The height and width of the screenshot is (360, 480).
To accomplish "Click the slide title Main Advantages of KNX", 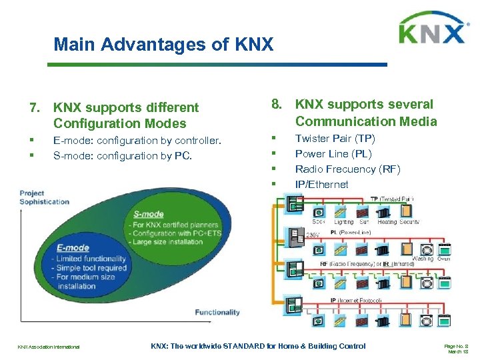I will (163, 45).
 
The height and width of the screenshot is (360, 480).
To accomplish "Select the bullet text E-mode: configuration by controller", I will (137, 140).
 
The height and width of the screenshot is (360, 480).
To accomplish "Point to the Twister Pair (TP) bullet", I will (335, 139).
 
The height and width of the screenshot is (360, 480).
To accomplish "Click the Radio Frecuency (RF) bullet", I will (347, 169).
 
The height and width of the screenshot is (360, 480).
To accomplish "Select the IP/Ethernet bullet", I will (321, 185).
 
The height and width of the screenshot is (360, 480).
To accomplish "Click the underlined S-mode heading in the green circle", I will (148, 214).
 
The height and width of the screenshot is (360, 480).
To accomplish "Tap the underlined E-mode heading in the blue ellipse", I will (73, 248).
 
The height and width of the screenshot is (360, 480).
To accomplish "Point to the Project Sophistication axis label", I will (44, 198).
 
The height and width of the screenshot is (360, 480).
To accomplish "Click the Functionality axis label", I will (217, 312).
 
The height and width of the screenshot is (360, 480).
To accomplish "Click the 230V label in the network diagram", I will (313, 235).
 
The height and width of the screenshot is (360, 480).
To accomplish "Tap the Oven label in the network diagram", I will (444, 259).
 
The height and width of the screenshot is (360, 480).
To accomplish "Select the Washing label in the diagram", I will (421, 259).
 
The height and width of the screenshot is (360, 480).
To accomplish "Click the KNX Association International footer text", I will (49, 347).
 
